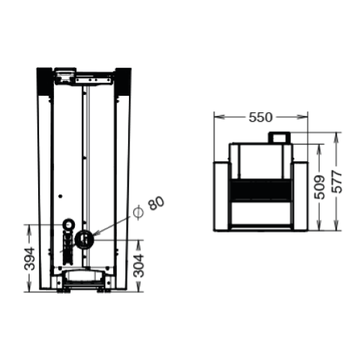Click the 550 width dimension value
tap(262, 116)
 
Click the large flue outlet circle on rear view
tap(84, 239)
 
